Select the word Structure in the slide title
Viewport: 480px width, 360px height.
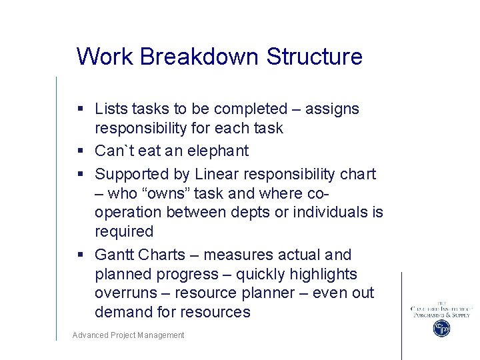[x=314, y=57]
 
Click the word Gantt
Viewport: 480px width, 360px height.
[x=114, y=255]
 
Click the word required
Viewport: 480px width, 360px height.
[x=124, y=231]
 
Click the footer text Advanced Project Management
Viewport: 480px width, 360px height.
[x=128, y=335]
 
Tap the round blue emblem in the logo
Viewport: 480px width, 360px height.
[x=441, y=328]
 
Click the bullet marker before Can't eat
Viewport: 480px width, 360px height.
[x=80, y=151]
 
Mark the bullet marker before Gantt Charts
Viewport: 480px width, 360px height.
[x=80, y=255]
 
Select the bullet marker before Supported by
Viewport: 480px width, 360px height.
[x=80, y=175]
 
